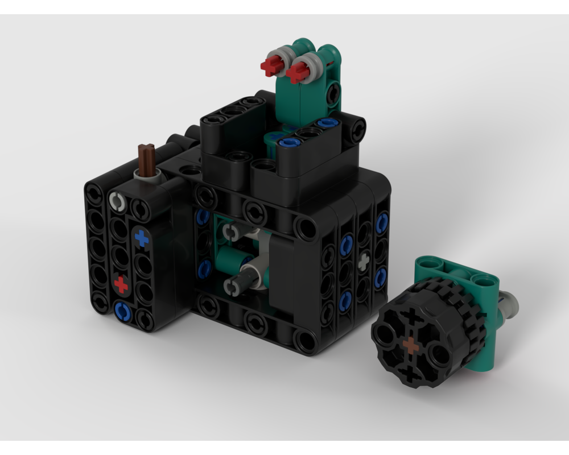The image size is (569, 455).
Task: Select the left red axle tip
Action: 270,67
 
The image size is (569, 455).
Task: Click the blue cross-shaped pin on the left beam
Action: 141,238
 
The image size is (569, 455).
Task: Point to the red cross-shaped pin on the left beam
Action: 121,283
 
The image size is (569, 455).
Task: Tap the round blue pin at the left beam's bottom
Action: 122,311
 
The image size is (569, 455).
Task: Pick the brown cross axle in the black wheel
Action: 410,345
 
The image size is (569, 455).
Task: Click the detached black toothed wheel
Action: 427,336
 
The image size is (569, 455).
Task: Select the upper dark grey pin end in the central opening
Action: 230,231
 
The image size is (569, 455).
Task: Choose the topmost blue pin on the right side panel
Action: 382,222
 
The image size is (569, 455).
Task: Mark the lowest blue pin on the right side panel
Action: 345,301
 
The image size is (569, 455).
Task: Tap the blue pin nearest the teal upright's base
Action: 290,142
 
